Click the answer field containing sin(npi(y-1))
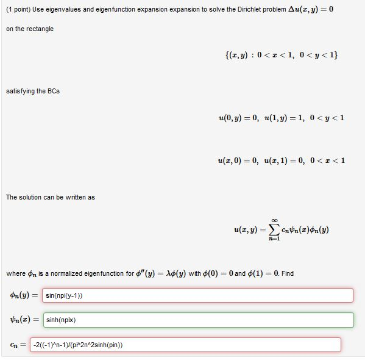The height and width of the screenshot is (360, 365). [x=198, y=295]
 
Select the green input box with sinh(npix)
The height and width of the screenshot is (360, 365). [x=198, y=320]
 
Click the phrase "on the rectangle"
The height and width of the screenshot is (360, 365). [x=30, y=29]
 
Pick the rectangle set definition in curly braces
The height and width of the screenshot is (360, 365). [x=282, y=55]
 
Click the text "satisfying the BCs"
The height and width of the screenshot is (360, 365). [x=33, y=91]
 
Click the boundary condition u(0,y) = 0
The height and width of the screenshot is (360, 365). [x=239, y=117]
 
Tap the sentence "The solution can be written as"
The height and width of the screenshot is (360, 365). [x=51, y=197]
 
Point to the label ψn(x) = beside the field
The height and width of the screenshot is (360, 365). [x=24, y=320]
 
